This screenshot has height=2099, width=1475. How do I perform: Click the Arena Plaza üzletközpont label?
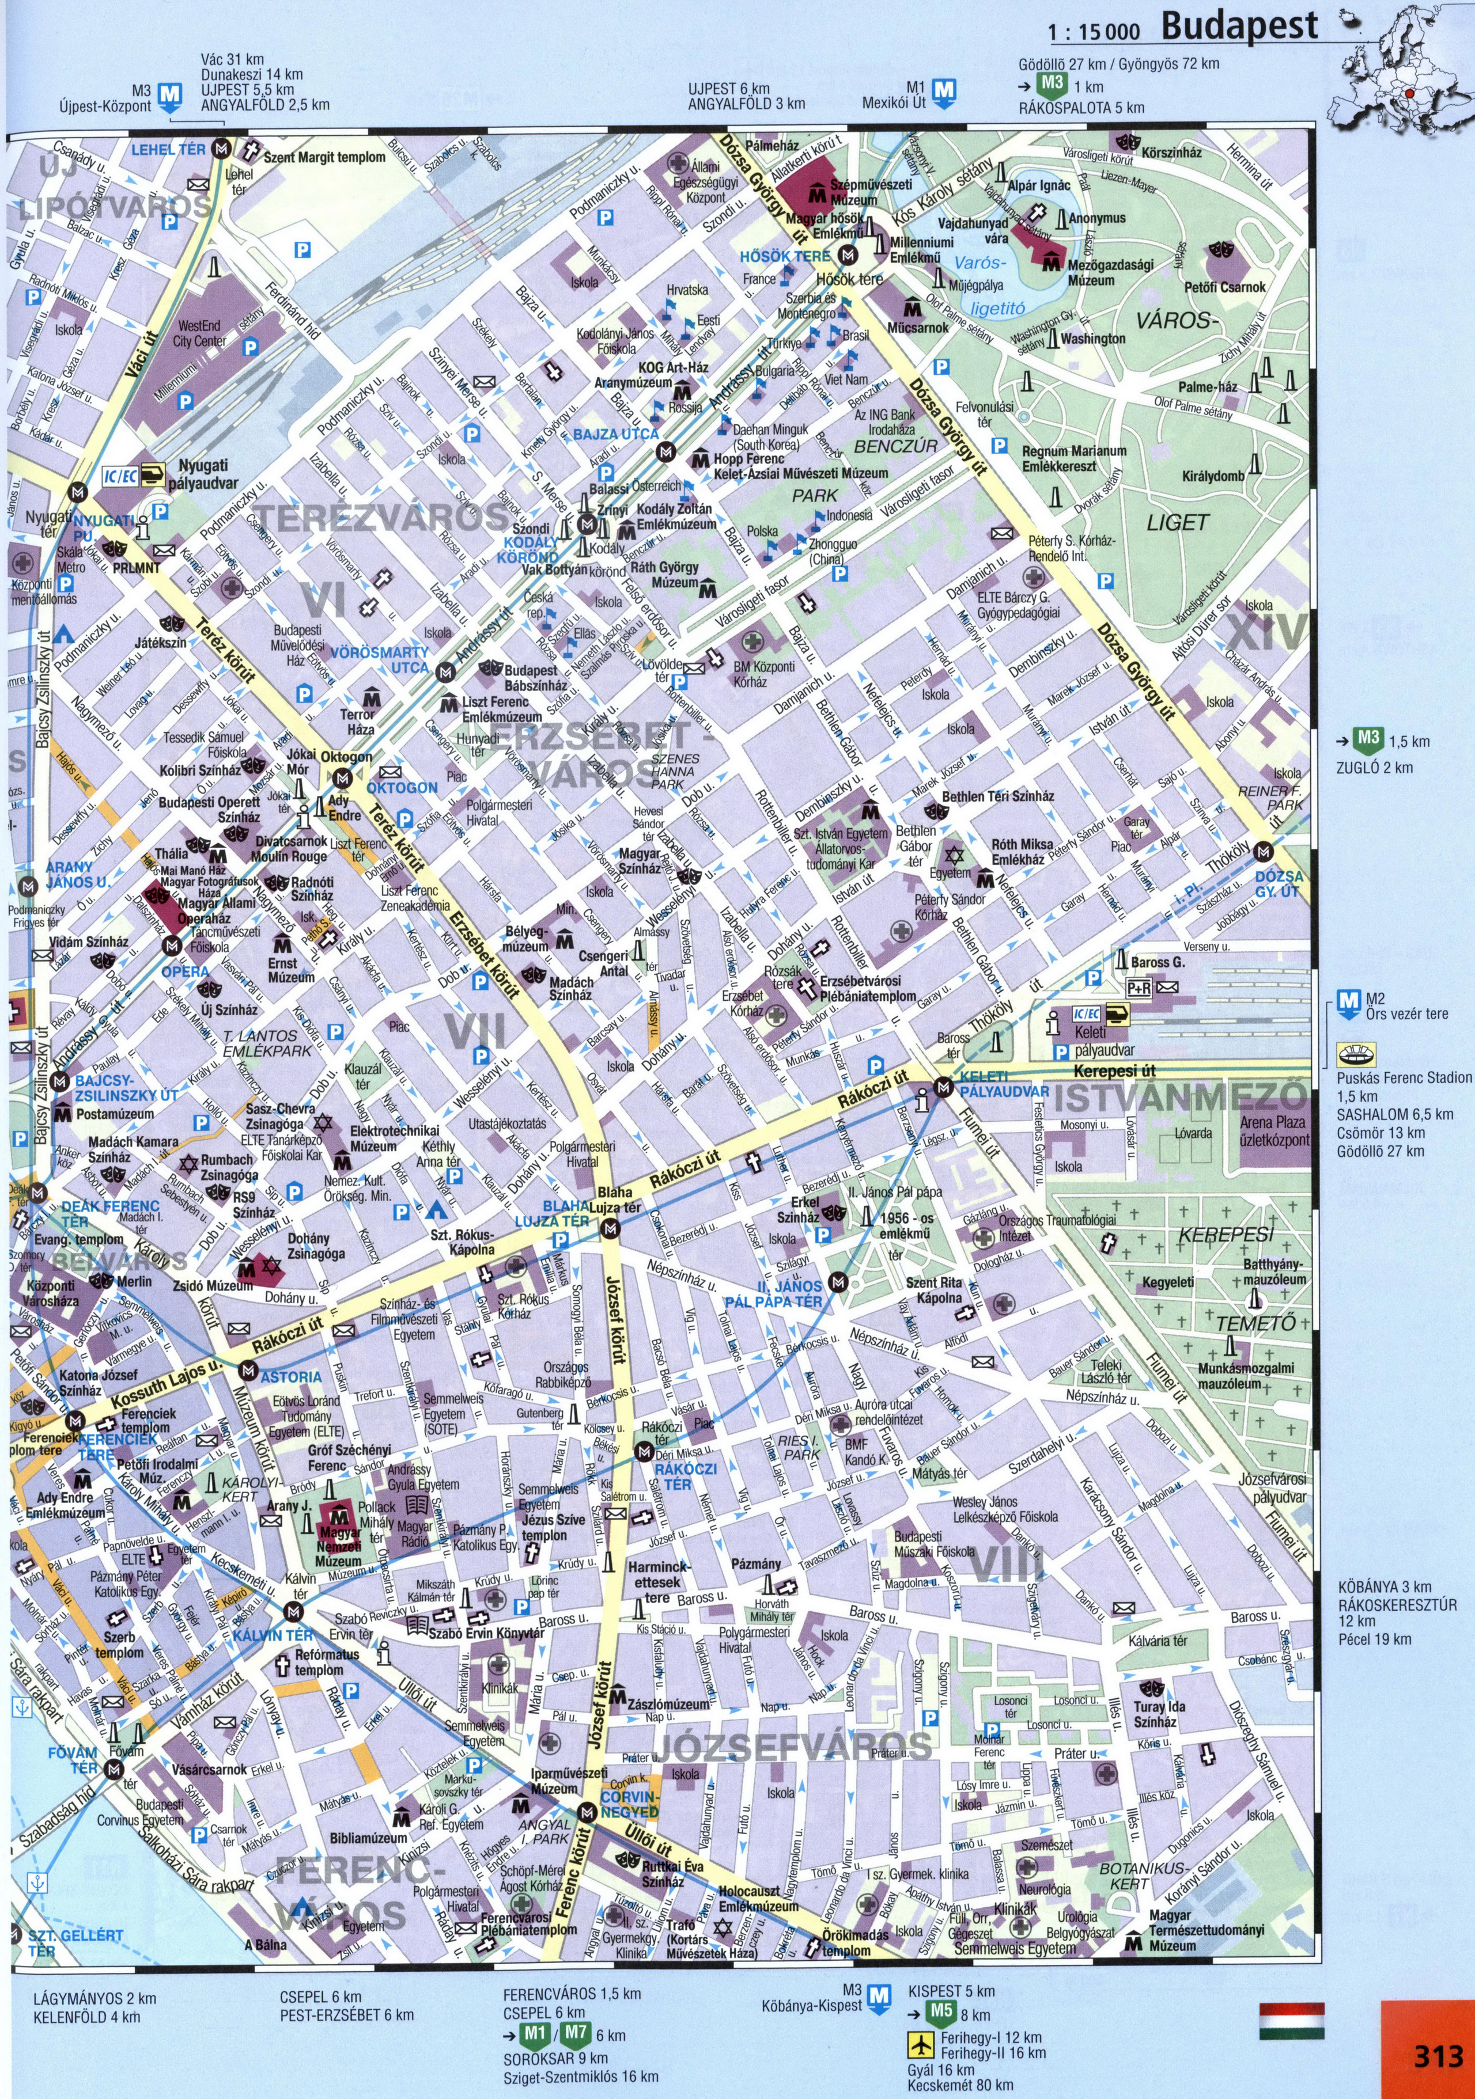[1274, 1131]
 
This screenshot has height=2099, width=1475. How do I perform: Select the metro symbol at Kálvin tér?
[293, 1612]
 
